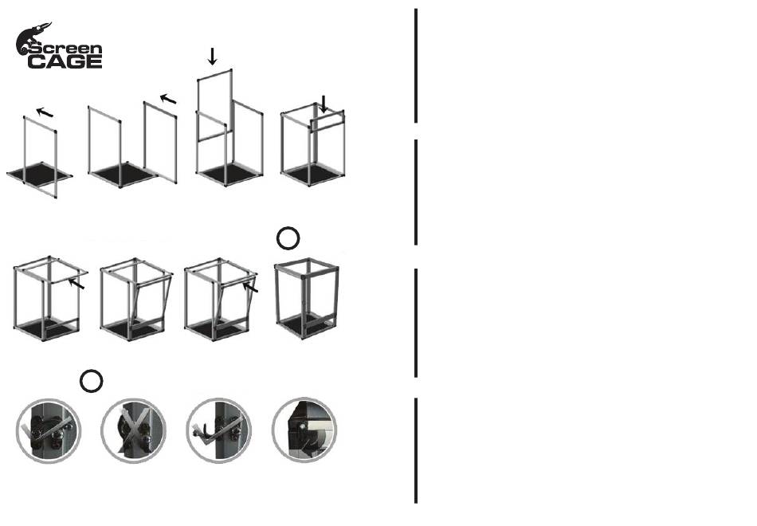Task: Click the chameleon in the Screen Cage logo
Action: (29, 37)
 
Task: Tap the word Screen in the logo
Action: (65, 49)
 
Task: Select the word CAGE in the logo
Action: (65, 62)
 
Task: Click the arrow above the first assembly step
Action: (45, 112)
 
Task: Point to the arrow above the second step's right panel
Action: (168, 99)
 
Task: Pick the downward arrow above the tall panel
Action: (212, 56)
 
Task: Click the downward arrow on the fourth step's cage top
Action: (324, 104)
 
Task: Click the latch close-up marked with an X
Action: (134, 430)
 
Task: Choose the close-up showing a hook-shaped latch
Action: (218, 430)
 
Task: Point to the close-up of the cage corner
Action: (304, 430)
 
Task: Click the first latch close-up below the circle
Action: (49, 430)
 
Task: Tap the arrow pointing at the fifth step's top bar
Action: (76, 284)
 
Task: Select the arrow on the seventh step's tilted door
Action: (250, 287)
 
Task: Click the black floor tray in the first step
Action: (40, 174)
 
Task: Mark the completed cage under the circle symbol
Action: (307, 299)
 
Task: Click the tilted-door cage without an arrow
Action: (136, 300)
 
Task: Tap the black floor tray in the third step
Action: (230, 174)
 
